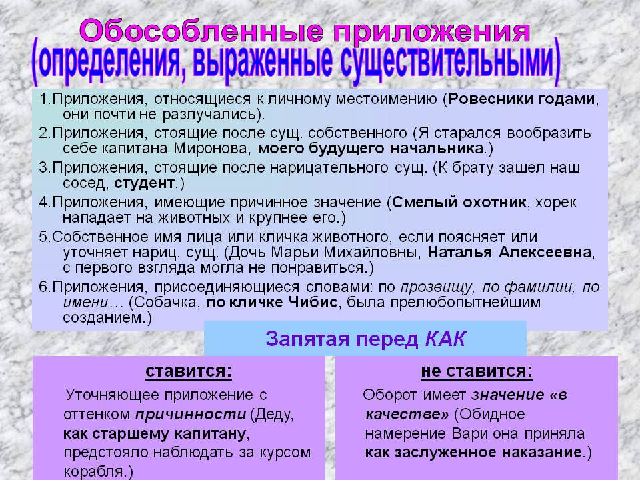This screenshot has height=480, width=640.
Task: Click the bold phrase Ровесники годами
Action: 521,99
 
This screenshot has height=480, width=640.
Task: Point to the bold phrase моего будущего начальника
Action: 371,148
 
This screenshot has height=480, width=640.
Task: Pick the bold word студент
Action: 145,183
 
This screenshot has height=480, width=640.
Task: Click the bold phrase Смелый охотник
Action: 459,203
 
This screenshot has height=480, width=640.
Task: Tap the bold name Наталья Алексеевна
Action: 509,253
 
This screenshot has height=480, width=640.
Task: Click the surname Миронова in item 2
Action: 211,148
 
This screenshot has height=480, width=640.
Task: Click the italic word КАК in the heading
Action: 445,339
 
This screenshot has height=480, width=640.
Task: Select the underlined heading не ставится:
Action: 477,371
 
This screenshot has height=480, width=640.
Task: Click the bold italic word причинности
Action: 191,414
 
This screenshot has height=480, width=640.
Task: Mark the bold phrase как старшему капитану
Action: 154,433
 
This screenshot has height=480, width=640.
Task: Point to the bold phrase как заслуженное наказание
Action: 473,452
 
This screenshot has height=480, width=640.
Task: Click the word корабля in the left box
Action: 93,471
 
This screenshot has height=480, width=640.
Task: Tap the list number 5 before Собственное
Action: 43,237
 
